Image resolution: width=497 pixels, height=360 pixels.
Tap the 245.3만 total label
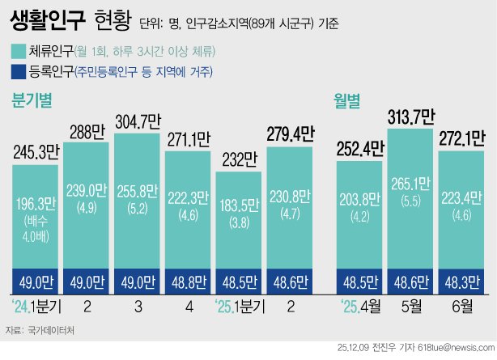pos(35,150)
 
